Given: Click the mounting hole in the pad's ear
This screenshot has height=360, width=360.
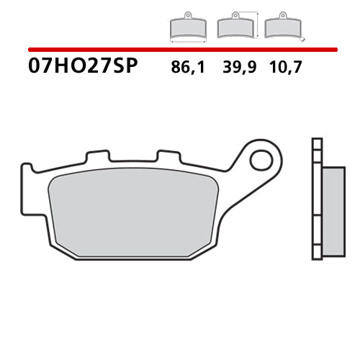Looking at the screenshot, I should [260, 158].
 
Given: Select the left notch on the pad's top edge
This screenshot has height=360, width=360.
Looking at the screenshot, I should [97, 156].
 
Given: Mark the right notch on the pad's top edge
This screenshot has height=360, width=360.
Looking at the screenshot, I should [168, 156].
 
